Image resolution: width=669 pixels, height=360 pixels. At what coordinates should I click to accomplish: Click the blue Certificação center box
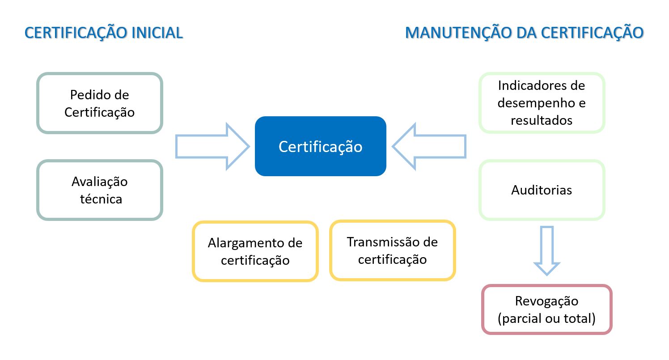click(321, 146)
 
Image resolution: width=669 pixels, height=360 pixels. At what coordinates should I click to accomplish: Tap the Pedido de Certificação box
click(100, 103)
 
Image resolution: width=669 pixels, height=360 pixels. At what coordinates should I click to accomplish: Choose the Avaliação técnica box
click(100, 190)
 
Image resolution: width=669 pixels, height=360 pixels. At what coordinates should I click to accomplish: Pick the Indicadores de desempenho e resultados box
click(542, 103)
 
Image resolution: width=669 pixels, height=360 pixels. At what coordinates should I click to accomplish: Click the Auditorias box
click(542, 190)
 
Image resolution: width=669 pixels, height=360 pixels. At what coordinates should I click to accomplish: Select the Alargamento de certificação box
click(255, 251)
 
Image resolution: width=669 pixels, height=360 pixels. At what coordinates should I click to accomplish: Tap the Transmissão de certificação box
click(393, 250)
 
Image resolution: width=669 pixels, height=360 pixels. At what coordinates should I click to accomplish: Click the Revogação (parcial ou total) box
click(547, 309)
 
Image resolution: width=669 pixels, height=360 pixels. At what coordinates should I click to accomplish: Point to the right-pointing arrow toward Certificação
click(212, 146)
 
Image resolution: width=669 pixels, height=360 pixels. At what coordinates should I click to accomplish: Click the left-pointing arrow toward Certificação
click(429, 146)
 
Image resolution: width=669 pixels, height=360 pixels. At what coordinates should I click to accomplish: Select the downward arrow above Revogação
click(547, 250)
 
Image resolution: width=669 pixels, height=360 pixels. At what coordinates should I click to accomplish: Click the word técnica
click(101, 199)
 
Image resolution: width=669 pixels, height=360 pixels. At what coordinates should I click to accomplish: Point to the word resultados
click(542, 120)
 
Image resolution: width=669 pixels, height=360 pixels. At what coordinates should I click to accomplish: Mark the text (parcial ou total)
click(546, 318)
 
